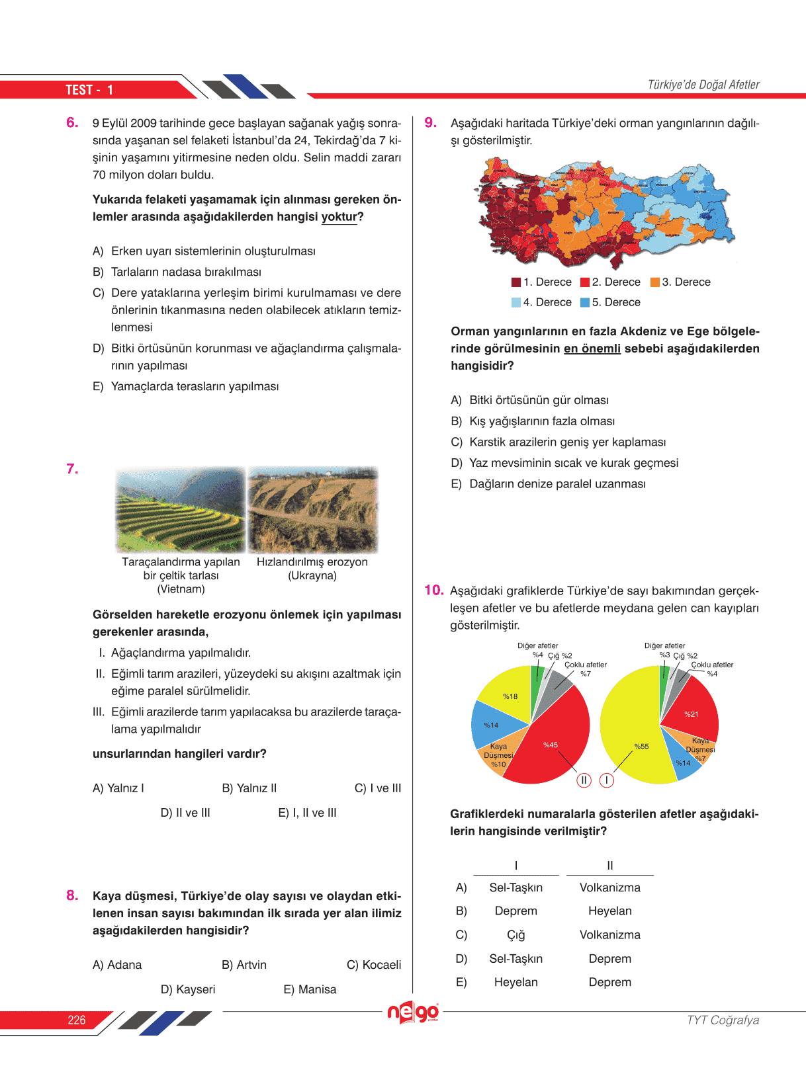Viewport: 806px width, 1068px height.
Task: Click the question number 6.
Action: (72, 122)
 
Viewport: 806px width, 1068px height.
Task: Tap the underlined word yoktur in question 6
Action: (339, 217)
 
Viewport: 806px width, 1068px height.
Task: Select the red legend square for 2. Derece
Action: (585, 282)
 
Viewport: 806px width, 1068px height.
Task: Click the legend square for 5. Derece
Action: (585, 303)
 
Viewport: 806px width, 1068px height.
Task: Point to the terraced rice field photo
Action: (181, 509)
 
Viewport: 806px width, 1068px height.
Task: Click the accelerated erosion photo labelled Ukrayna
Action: (312, 509)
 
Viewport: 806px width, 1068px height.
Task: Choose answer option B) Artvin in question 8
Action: (244, 965)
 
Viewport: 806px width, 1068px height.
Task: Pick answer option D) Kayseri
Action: (188, 989)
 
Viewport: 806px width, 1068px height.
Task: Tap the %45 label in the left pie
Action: (551, 745)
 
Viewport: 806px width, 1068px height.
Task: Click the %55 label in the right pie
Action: (641, 747)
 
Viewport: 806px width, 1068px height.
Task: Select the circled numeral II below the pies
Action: (584, 780)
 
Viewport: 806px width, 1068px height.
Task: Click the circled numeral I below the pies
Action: (606, 780)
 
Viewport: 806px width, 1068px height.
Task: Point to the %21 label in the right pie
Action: (691, 714)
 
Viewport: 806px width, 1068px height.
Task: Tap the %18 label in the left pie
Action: (510, 696)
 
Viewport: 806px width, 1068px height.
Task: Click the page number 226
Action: (77, 1020)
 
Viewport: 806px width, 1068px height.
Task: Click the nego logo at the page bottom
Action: (413, 1012)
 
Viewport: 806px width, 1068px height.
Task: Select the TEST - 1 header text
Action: (89, 90)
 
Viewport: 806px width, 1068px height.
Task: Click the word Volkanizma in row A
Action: (609, 887)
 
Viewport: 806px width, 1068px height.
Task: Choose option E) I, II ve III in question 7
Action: (307, 813)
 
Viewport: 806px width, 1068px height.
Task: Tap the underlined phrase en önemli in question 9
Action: (592, 349)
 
